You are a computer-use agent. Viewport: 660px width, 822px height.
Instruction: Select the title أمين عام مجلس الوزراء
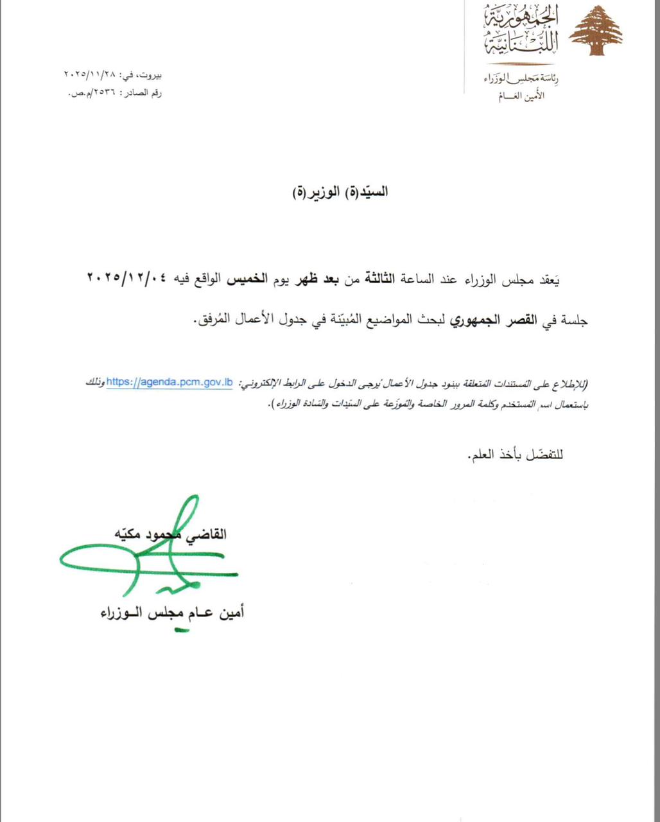(172, 613)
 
